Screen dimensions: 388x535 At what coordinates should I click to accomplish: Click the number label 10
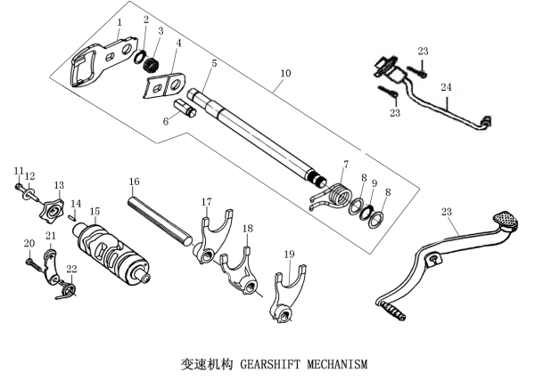coord(285,71)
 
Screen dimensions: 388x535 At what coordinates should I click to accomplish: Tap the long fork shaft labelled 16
coord(159,216)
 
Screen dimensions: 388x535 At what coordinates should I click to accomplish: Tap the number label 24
coord(445,89)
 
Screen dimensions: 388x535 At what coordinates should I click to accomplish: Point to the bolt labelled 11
coord(20,186)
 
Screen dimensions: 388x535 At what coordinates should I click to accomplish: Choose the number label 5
coord(214,63)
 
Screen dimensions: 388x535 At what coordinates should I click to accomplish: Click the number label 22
coord(71,269)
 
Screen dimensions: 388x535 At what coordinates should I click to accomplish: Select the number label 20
coord(28,242)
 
